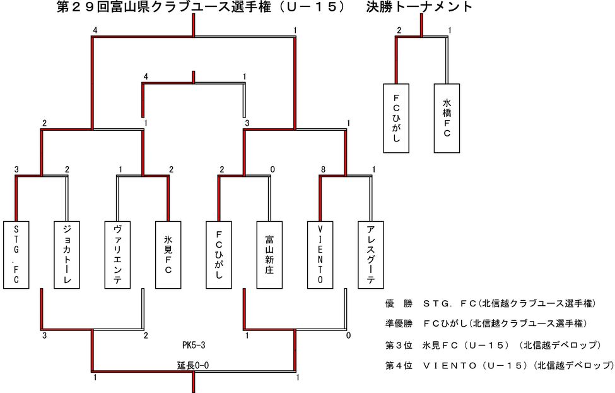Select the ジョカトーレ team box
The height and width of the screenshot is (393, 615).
(67, 255)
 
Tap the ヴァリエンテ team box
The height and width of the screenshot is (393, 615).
(117, 255)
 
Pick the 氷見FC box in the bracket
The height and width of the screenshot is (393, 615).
(168, 255)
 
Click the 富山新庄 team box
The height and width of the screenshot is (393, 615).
(269, 255)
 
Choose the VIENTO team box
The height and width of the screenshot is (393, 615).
(320, 255)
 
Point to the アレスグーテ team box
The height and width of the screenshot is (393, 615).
(371, 255)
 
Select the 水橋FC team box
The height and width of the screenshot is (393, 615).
(447, 118)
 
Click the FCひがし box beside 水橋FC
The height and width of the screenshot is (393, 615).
(396, 118)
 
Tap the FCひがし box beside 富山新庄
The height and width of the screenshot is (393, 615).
(219, 255)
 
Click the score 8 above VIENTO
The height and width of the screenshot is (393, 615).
(323, 169)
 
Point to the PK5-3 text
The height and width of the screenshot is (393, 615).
(194, 346)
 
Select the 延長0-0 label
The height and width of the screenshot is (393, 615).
(193, 365)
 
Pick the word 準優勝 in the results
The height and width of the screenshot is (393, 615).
(397, 323)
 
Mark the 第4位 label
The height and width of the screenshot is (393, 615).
(398, 365)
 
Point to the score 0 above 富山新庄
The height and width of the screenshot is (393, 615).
(272, 169)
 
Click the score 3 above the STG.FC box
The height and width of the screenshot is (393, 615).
(16, 169)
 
